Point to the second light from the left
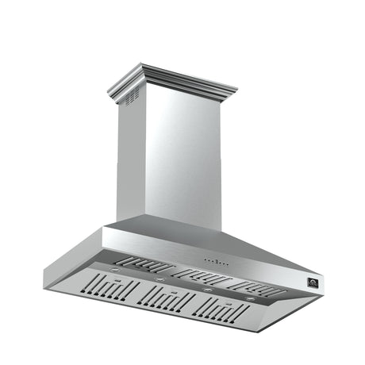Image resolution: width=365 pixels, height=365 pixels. (x=159, y=279)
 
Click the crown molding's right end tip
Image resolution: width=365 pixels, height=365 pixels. (x=236, y=90)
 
